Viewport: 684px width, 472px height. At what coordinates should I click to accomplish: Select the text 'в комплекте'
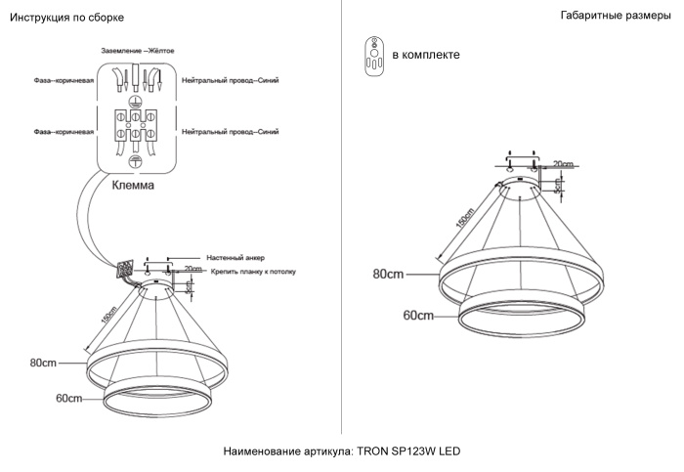pos(425,55)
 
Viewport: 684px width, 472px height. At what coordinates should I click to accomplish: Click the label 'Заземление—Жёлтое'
pos(138,49)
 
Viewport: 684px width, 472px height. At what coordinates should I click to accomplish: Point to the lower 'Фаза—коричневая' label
pos(64,131)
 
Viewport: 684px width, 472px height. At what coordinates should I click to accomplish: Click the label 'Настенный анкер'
pos(230,256)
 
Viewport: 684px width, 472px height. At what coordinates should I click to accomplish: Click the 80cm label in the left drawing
pos(42,363)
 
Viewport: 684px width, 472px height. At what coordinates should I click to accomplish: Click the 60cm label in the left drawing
pos(68,399)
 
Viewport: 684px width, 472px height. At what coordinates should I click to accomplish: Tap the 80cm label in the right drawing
pos(388,275)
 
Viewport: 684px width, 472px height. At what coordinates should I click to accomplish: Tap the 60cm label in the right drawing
pos(417,316)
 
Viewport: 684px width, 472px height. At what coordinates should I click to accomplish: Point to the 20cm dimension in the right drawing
pos(563,164)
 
